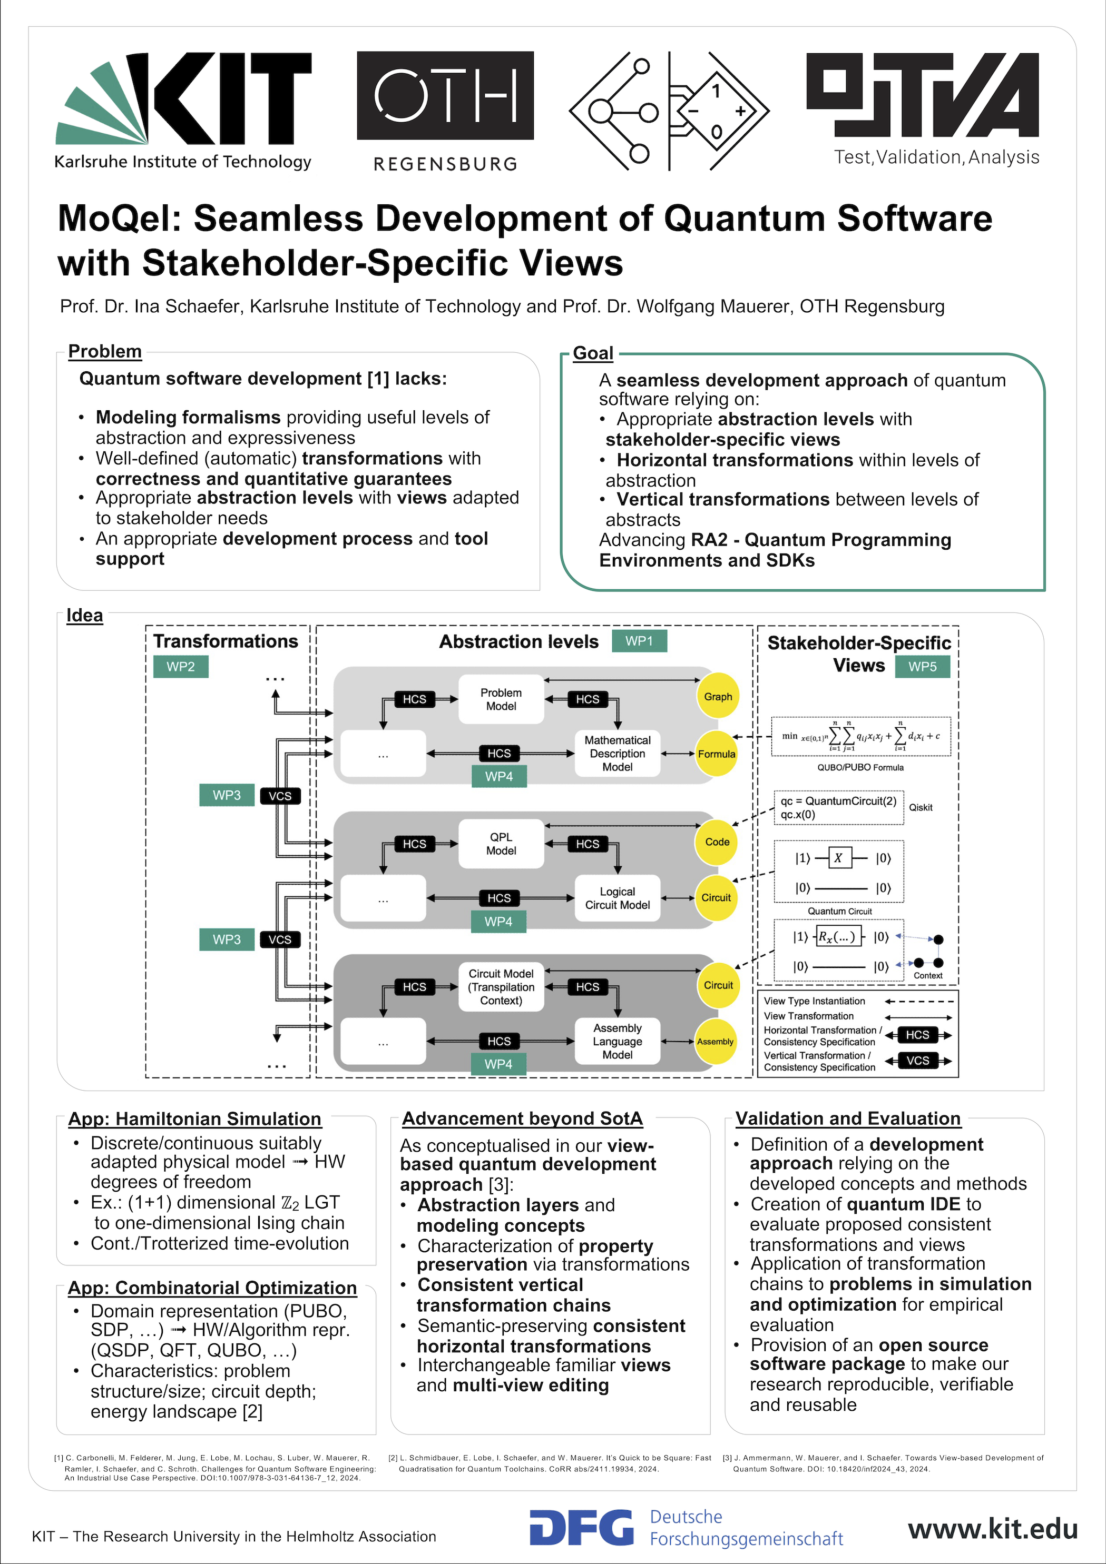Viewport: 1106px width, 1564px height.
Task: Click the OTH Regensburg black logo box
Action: click(x=445, y=95)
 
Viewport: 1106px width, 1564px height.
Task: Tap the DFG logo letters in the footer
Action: click(x=581, y=1528)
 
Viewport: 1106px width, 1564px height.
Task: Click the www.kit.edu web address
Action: click(x=992, y=1529)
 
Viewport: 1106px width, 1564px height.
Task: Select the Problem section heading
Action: click(x=105, y=351)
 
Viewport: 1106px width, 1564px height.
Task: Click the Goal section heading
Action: click(x=593, y=353)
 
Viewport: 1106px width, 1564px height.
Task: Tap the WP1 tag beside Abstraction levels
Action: click(x=639, y=641)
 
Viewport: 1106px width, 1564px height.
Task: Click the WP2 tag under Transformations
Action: click(x=181, y=666)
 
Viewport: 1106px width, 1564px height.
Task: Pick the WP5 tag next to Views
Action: click(x=922, y=666)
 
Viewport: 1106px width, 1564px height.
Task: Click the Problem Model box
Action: click(x=501, y=699)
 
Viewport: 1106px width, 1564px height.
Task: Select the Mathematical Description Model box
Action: click(x=618, y=754)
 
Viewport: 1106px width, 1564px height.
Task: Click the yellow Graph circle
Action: click(x=718, y=696)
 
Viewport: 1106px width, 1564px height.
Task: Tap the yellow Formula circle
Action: click(x=716, y=754)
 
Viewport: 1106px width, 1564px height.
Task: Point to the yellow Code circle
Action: click(x=717, y=842)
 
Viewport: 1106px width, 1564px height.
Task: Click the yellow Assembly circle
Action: click(x=715, y=1042)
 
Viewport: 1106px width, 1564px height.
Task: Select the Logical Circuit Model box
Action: click(x=618, y=898)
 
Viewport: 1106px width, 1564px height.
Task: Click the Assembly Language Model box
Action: click(x=618, y=1041)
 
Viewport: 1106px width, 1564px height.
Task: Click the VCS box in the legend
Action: click(x=917, y=1061)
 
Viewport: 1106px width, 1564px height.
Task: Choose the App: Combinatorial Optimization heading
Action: click(x=212, y=1288)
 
